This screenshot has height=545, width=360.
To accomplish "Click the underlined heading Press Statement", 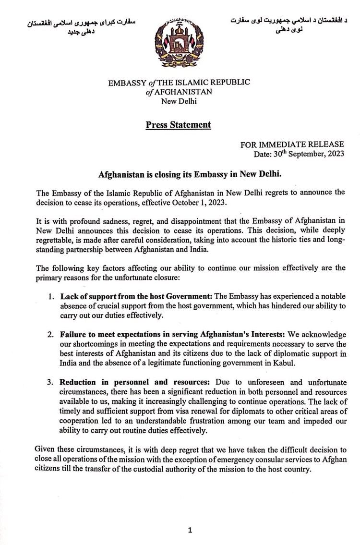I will pos(179,125).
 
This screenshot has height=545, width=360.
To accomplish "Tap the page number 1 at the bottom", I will pos(191,530).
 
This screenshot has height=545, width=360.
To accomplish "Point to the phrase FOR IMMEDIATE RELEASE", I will pos(292,144).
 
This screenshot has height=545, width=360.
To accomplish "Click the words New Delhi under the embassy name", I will pos(179,101).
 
